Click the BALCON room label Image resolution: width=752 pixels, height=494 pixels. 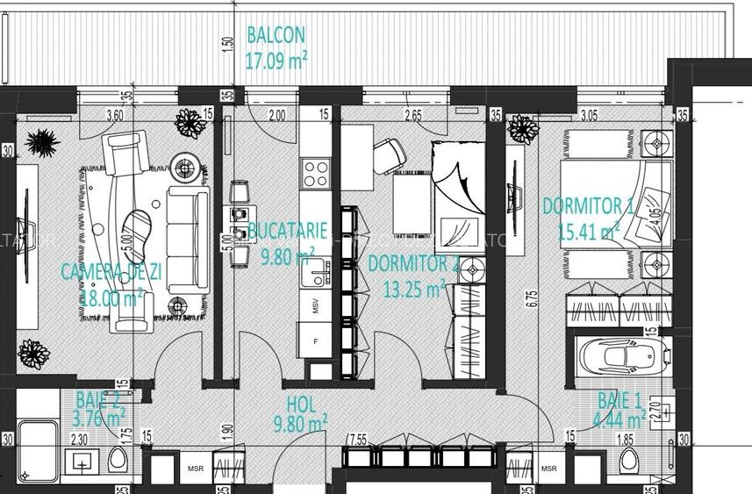click(x=276, y=35)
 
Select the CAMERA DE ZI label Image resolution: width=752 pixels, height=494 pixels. click(x=111, y=272)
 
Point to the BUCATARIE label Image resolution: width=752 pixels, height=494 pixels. click(x=288, y=231)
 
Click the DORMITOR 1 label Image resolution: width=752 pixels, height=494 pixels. click(x=587, y=206)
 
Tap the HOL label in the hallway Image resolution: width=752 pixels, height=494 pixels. click(x=301, y=405)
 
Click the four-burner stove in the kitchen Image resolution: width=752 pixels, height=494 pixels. click(x=315, y=173)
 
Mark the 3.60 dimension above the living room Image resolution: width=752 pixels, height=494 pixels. click(x=114, y=114)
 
